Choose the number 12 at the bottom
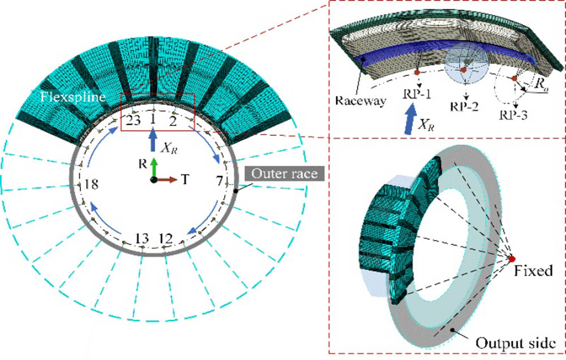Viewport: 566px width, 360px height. point(165,237)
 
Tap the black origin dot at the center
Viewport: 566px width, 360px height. point(153,179)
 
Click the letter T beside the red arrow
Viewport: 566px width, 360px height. point(185,180)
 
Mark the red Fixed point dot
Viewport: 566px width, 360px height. point(512,259)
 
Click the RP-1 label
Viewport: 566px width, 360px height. point(417,93)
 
